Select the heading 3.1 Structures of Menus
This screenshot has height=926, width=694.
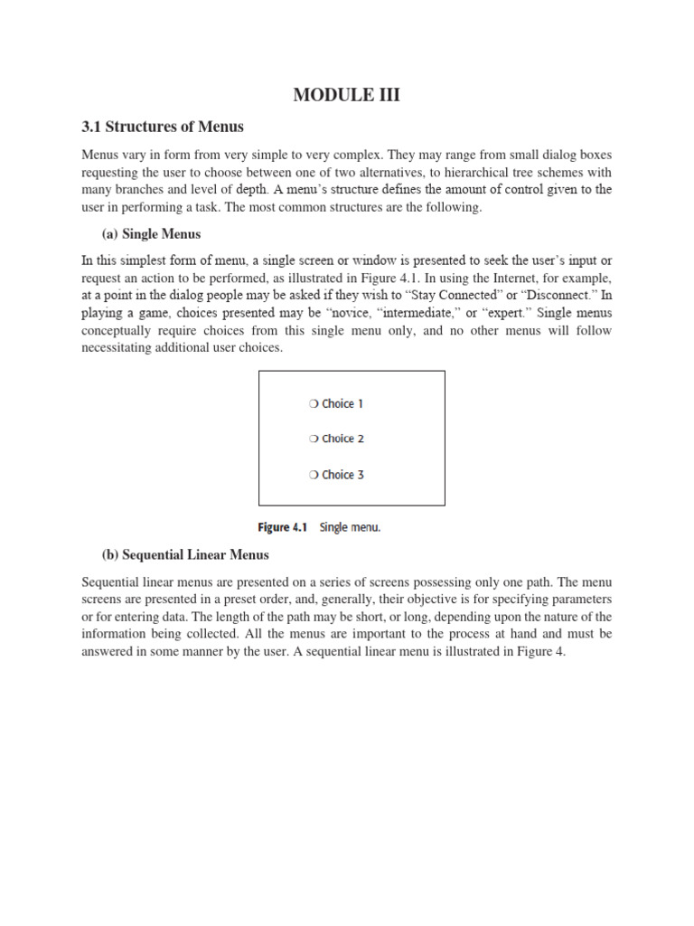pyautogui.click(x=162, y=127)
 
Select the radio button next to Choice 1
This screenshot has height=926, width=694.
pyautogui.click(x=313, y=404)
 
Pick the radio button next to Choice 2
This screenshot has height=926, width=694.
pyautogui.click(x=313, y=439)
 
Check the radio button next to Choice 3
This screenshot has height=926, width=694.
pyautogui.click(x=313, y=475)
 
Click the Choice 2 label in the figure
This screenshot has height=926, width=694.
pyautogui.click(x=342, y=439)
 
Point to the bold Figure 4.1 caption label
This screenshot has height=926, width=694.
pyautogui.click(x=286, y=528)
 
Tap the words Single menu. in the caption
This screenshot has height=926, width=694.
pyautogui.click(x=350, y=528)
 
